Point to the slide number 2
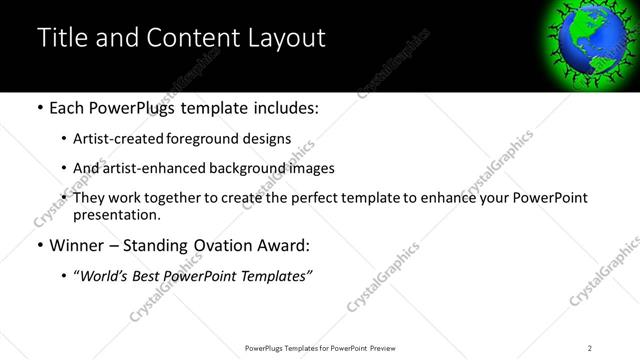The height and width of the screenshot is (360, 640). (x=590, y=348)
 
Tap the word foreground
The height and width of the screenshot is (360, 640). (x=207, y=139)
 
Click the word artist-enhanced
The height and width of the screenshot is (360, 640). (x=154, y=168)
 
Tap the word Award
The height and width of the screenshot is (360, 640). (x=283, y=245)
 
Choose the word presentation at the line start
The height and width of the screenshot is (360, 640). (x=116, y=214)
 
